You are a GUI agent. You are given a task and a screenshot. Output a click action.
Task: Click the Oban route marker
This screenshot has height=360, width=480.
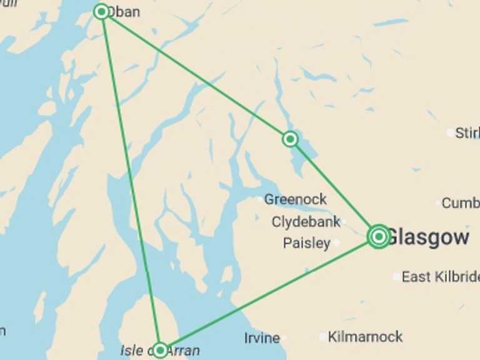pyautogui.click(x=101, y=11)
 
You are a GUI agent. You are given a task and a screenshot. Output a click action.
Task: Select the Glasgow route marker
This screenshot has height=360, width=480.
pyautogui.click(x=378, y=236)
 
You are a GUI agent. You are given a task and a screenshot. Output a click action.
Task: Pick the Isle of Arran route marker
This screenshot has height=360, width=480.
pyautogui.click(x=161, y=349)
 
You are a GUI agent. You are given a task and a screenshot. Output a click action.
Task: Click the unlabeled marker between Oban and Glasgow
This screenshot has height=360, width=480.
pyautogui.click(x=289, y=139)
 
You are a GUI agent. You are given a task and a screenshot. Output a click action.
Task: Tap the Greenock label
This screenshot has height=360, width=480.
pyautogui.click(x=295, y=199)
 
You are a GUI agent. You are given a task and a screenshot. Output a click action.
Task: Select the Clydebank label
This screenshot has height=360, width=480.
pyautogui.click(x=306, y=222)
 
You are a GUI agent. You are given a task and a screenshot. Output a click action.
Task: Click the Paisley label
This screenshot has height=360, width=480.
pyautogui.click(x=306, y=243)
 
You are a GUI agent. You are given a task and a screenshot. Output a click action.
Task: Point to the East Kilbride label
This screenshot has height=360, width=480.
pyautogui.click(x=441, y=276)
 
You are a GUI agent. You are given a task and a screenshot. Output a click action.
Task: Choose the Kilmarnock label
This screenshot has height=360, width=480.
pyautogui.click(x=365, y=337)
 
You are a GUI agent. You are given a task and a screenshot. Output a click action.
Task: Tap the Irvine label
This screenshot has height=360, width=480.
pyautogui.click(x=262, y=338)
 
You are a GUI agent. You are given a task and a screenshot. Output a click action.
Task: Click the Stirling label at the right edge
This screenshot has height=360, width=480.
pyautogui.click(x=467, y=132)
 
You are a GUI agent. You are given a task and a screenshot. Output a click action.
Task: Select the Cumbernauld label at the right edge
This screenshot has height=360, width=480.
pyautogui.click(x=461, y=202)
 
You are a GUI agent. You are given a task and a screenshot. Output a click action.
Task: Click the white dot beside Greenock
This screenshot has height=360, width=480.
pyautogui.click(x=261, y=199)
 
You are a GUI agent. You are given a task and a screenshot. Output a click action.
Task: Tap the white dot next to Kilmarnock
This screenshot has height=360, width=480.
pyautogui.click(x=323, y=337)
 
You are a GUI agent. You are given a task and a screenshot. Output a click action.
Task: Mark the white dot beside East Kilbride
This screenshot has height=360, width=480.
pyautogui.click(x=396, y=276)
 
